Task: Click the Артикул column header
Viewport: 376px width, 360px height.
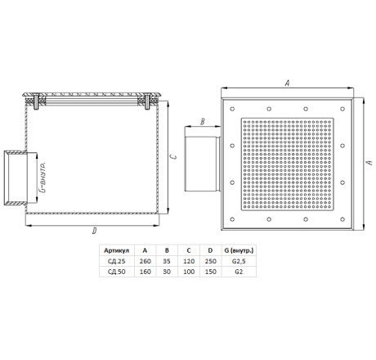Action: click(x=116, y=250)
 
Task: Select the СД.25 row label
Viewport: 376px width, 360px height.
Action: click(x=116, y=261)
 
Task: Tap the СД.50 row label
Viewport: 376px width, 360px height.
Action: click(x=116, y=272)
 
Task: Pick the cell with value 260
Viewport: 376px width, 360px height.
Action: click(x=145, y=261)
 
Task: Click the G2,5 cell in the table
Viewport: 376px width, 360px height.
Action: click(x=239, y=261)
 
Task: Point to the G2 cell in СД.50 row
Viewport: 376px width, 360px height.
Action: click(x=239, y=272)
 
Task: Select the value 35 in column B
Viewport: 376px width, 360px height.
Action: click(x=167, y=261)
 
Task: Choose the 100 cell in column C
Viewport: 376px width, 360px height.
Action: click(x=189, y=272)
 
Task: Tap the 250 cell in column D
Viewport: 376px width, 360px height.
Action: click(x=211, y=261)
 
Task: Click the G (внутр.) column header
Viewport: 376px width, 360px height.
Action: click(x=239, y=250)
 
